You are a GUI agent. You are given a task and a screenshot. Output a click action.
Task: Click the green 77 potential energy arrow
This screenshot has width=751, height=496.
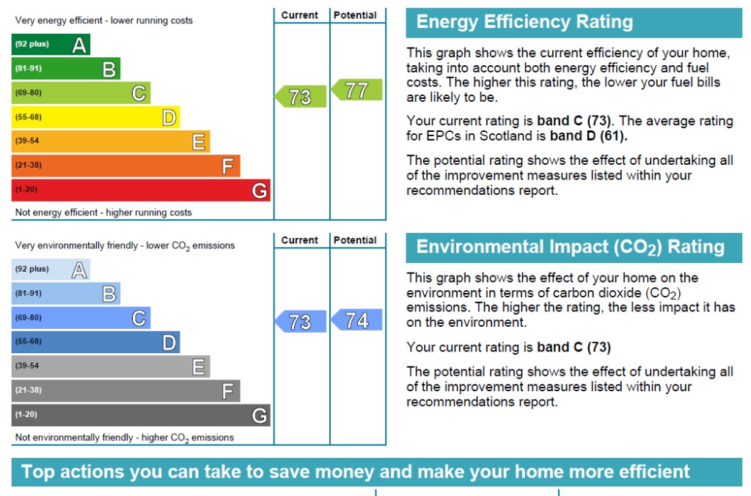[357, 90]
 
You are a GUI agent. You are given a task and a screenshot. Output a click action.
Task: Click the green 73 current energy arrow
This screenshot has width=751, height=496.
[301, 97]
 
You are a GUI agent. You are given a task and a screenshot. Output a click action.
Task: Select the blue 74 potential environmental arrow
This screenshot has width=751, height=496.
[357, 320]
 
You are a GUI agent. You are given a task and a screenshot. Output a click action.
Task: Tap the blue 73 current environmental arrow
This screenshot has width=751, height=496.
[301, 322]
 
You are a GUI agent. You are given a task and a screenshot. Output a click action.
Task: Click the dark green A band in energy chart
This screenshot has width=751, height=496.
[51, 45]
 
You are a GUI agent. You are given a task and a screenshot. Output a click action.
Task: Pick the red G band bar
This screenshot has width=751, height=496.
[141, 190]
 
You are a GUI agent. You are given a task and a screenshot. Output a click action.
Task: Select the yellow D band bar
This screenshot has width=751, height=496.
[95, 117]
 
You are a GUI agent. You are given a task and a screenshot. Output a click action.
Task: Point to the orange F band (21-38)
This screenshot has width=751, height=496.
[125, 166]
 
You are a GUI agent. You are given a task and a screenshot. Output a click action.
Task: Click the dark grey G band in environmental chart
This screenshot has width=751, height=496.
[141, 415]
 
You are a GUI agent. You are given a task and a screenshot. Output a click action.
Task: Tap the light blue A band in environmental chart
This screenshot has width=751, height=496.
[51, 270]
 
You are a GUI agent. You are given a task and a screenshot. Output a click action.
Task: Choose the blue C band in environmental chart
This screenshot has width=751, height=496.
[81, 318]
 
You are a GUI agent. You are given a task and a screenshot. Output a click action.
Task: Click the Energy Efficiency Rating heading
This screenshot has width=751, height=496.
[524, 22]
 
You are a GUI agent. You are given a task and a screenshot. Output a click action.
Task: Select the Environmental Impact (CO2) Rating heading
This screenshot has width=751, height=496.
[570, 247]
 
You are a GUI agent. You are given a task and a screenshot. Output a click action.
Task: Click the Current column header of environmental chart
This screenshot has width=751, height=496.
[300, 240]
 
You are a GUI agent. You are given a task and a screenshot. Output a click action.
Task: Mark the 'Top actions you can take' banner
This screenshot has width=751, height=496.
[356, 472]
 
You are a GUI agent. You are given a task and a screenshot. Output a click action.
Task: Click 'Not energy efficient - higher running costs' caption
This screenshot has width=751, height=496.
[103, 212]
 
